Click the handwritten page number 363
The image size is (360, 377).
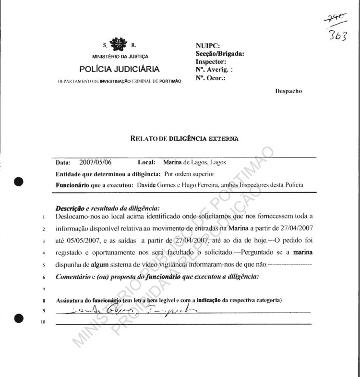coord(338,36)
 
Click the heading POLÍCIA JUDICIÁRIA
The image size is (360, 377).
coord(120,69)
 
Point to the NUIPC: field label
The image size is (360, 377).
coord(207,46)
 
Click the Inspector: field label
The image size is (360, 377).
coord(211,61)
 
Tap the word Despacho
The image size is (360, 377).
coord(288,91)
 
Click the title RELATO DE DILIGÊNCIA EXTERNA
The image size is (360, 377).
coord(184,139)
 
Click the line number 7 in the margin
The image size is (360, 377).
coord(43,290)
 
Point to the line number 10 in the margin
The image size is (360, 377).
coord(43,322)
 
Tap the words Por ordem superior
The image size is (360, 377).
coord(189,173)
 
